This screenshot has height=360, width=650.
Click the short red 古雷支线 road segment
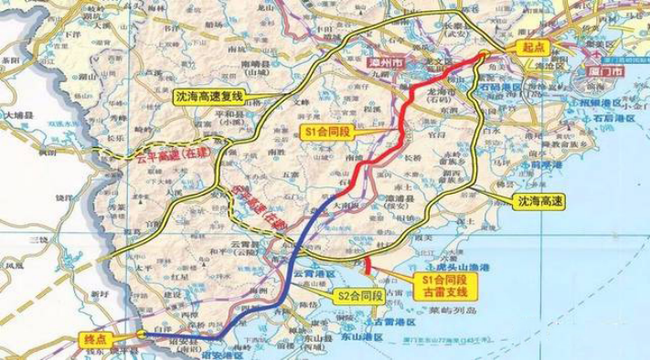[x=367, y=265]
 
